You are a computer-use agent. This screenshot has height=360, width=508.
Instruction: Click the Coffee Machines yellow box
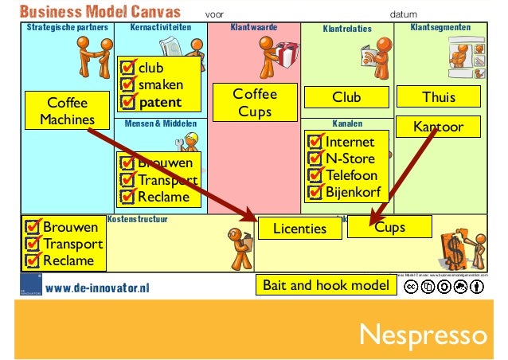[x=67, y=112]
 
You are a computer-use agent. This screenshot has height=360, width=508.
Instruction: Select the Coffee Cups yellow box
[x=255, y=103]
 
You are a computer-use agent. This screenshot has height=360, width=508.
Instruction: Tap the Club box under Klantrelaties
[x=346, y=97]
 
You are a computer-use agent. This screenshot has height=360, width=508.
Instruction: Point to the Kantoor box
[x=439, y=127]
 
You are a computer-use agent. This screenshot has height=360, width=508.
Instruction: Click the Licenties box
[x=300, y=229]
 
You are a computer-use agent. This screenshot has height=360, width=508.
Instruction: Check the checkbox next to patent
[x=127, y=102]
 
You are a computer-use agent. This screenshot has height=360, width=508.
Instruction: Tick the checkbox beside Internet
[x=315, y=143]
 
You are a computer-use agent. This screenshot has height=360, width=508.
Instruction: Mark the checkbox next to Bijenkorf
[x=315, y=192]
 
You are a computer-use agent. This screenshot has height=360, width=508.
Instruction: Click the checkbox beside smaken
[x=127, y=85]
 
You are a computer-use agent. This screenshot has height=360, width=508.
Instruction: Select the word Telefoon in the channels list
[x=351, y=175]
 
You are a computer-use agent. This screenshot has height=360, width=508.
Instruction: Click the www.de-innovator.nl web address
[x=97, y=288]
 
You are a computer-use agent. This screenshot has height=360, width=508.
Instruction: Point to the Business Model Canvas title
[x=100, y=12]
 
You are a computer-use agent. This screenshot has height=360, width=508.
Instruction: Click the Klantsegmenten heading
[x=440, y=27]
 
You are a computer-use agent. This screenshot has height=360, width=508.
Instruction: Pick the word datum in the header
[x=404, y=14]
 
